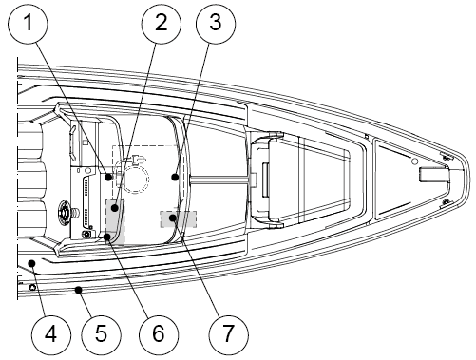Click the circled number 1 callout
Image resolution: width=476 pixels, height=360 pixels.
point(28,24)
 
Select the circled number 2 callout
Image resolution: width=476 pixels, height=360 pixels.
point(162,24)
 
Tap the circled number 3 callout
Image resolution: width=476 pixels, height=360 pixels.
point(216,24)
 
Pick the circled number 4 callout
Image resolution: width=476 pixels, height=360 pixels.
point(51,334)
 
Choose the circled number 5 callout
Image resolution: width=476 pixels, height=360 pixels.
point(102,334)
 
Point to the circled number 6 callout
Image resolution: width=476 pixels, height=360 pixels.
point(159,334)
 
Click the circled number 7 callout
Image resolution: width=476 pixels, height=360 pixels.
point(229,334)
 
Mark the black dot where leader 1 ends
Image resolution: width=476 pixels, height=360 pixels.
point(108,177)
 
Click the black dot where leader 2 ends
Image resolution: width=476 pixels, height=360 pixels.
point(115,208)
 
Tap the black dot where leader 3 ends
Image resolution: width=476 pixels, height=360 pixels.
point(175,177)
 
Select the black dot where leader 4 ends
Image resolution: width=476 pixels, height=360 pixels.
point(31,263)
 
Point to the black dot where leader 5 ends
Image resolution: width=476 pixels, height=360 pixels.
point(78,289)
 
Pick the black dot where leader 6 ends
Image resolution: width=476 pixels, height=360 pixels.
point(107,237)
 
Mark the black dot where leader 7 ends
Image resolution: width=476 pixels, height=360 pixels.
point(173,218)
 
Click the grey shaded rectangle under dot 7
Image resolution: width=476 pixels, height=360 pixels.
point(179,219)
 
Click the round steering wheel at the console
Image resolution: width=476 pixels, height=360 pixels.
point(66,212)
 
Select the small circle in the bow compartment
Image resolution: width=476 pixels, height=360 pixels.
point(414,161)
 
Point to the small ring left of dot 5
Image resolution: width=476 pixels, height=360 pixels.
point(32,288)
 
